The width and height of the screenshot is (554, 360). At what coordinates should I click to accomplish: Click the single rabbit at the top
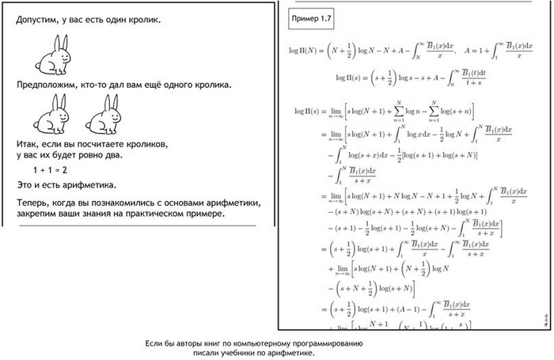(53, 56)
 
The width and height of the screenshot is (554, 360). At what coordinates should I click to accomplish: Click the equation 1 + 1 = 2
(50, 170)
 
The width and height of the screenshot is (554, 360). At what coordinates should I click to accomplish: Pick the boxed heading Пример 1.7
(311, 16)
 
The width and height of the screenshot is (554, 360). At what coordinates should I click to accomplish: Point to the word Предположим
(51, 83)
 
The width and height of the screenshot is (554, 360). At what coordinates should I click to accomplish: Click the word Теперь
(34, 203)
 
